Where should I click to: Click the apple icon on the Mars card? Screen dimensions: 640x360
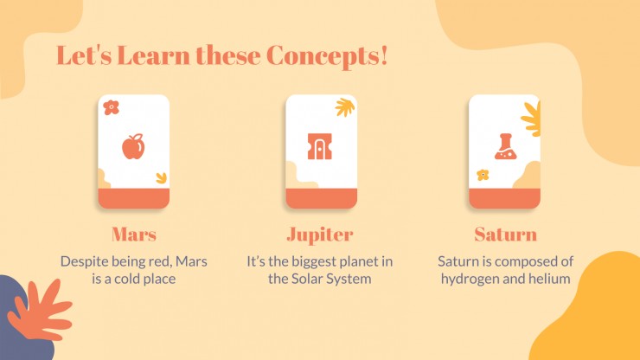pyautogui.click(x=133, y=147)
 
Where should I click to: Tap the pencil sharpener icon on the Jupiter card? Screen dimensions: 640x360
pyautogui.click(x=320, y=146)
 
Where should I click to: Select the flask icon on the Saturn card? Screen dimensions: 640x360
pyautogui.click(x=506, y=146)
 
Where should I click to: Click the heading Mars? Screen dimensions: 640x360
pyautogui.click(x=134, y=235)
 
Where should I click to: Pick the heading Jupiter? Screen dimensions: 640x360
pyautogui.click(x=320, y=235)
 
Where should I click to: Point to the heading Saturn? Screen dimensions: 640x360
pyautogui.click(x=506, y=235)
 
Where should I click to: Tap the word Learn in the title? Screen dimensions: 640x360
pyautogui.click(x=153, y=55)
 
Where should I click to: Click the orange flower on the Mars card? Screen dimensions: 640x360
pyautogui.click(x=111, y=107)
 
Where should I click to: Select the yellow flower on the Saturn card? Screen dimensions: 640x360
pyautogui.click(x=483, y=175)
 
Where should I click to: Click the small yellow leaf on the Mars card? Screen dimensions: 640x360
pyautogui.click(x=162, y=177)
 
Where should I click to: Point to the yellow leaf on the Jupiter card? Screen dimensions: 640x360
pyautogui.click(x=345, y=107)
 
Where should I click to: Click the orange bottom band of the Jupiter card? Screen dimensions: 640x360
pyautogui.click(x=321, y=198)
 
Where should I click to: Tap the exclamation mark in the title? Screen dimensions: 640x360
pyautogui.click(x=383, y=55)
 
